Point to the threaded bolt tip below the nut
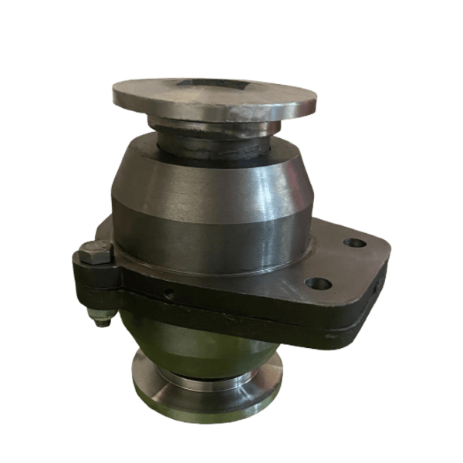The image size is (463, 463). click(x=97, y=322)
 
